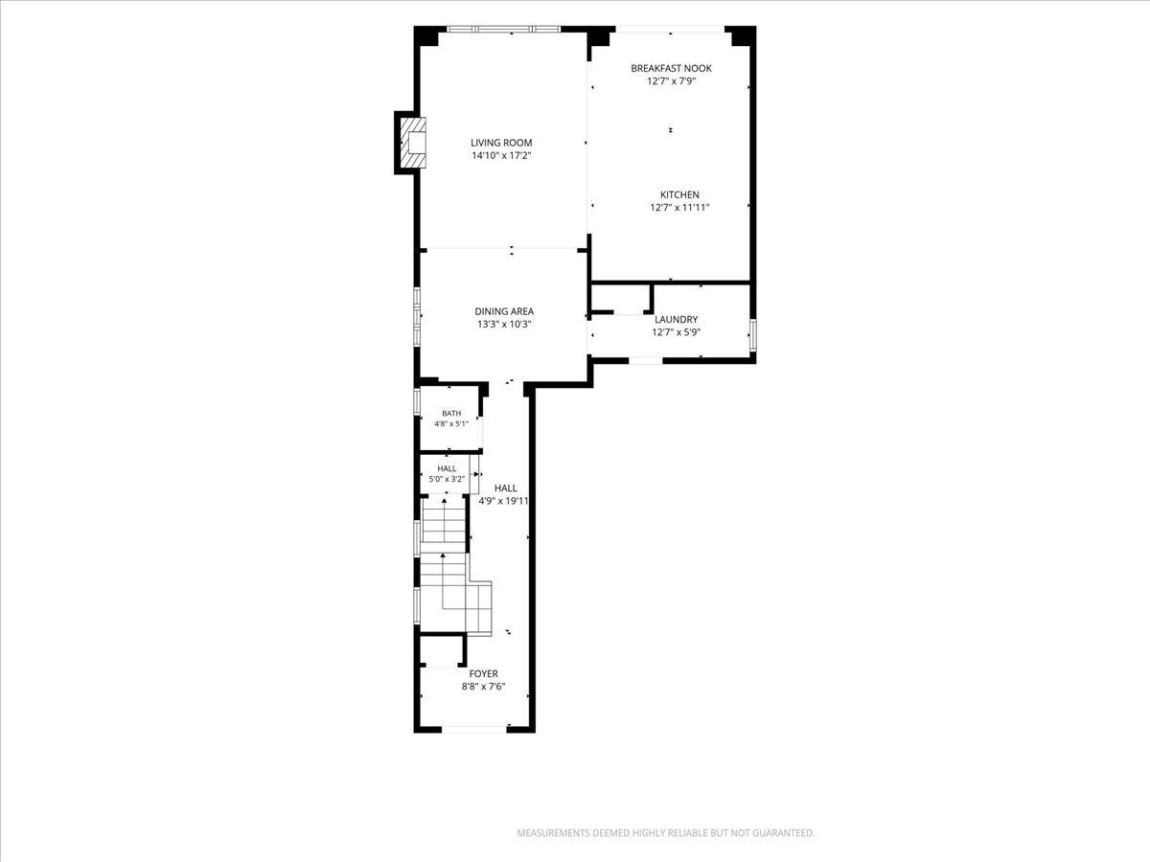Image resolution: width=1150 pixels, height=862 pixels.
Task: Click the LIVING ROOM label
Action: coord(501,143)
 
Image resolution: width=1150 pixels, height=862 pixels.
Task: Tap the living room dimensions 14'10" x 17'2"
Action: coord(501,155)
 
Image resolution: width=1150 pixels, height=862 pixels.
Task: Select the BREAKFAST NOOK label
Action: coord(671,68)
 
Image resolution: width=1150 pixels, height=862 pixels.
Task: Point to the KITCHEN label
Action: coord(679,194)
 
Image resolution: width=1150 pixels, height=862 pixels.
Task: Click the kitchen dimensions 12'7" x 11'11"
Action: coord(679,208)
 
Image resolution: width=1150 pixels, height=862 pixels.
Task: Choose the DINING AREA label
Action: coord(504,311)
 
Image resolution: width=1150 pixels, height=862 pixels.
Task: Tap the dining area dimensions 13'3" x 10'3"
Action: coord(504,325)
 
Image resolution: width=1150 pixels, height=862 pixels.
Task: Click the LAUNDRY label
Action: coord(676,319)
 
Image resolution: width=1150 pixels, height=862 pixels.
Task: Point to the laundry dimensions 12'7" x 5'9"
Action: coord(676,332)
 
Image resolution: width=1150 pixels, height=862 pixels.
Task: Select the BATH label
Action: coord(451,414)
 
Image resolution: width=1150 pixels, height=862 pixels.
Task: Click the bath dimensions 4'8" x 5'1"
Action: coord(451,424)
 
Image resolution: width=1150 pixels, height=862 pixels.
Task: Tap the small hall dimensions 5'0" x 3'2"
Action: coord(447,479)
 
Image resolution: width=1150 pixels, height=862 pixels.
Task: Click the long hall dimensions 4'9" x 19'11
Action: coord(503,501)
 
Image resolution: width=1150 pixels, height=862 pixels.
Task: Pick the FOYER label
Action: coord(483,673)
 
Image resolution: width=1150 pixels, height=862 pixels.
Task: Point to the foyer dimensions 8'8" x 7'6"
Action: coord(483,687)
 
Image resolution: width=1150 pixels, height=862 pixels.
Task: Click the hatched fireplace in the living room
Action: coord(413,143)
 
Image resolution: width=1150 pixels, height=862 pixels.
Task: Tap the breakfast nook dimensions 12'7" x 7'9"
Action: coord(671,81)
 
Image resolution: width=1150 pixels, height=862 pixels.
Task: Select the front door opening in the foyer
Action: coord(474,729)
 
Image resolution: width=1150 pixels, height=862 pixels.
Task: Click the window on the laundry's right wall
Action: coord(753,335)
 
